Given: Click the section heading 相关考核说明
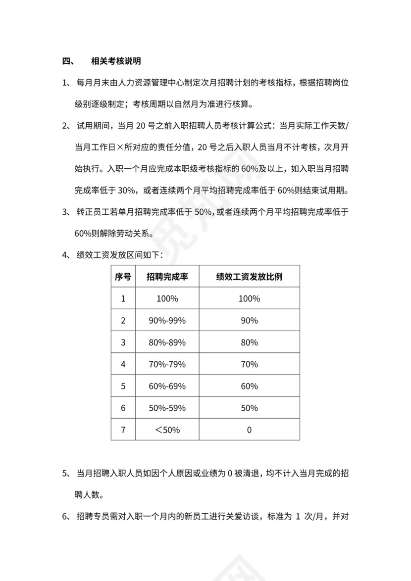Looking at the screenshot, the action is point(116,62).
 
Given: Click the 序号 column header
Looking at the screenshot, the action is point(123,277).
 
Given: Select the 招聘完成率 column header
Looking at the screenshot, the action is point(167,277).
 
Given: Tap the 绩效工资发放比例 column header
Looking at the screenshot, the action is point(249,277).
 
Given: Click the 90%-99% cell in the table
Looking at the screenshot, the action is point(167,321).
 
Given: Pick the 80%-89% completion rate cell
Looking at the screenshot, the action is point(167,342).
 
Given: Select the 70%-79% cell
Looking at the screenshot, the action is point(167,364).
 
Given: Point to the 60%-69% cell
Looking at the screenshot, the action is point(167,386).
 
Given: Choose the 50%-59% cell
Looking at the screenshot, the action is point(167,408).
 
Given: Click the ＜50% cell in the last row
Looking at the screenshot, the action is point(167,430).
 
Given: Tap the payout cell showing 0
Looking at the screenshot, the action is point(249,430).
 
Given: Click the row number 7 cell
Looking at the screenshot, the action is point(123,430).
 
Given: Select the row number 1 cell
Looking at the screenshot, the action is point(123,299).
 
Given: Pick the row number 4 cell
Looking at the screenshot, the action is point(123,364).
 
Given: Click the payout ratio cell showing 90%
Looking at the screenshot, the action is point(249,321).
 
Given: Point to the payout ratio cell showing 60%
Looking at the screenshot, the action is point(249,386).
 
